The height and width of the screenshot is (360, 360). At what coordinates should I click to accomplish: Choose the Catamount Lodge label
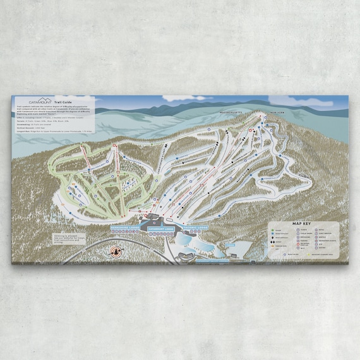click(162, 230)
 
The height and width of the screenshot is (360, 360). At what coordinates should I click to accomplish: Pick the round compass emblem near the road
click(116, 252)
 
